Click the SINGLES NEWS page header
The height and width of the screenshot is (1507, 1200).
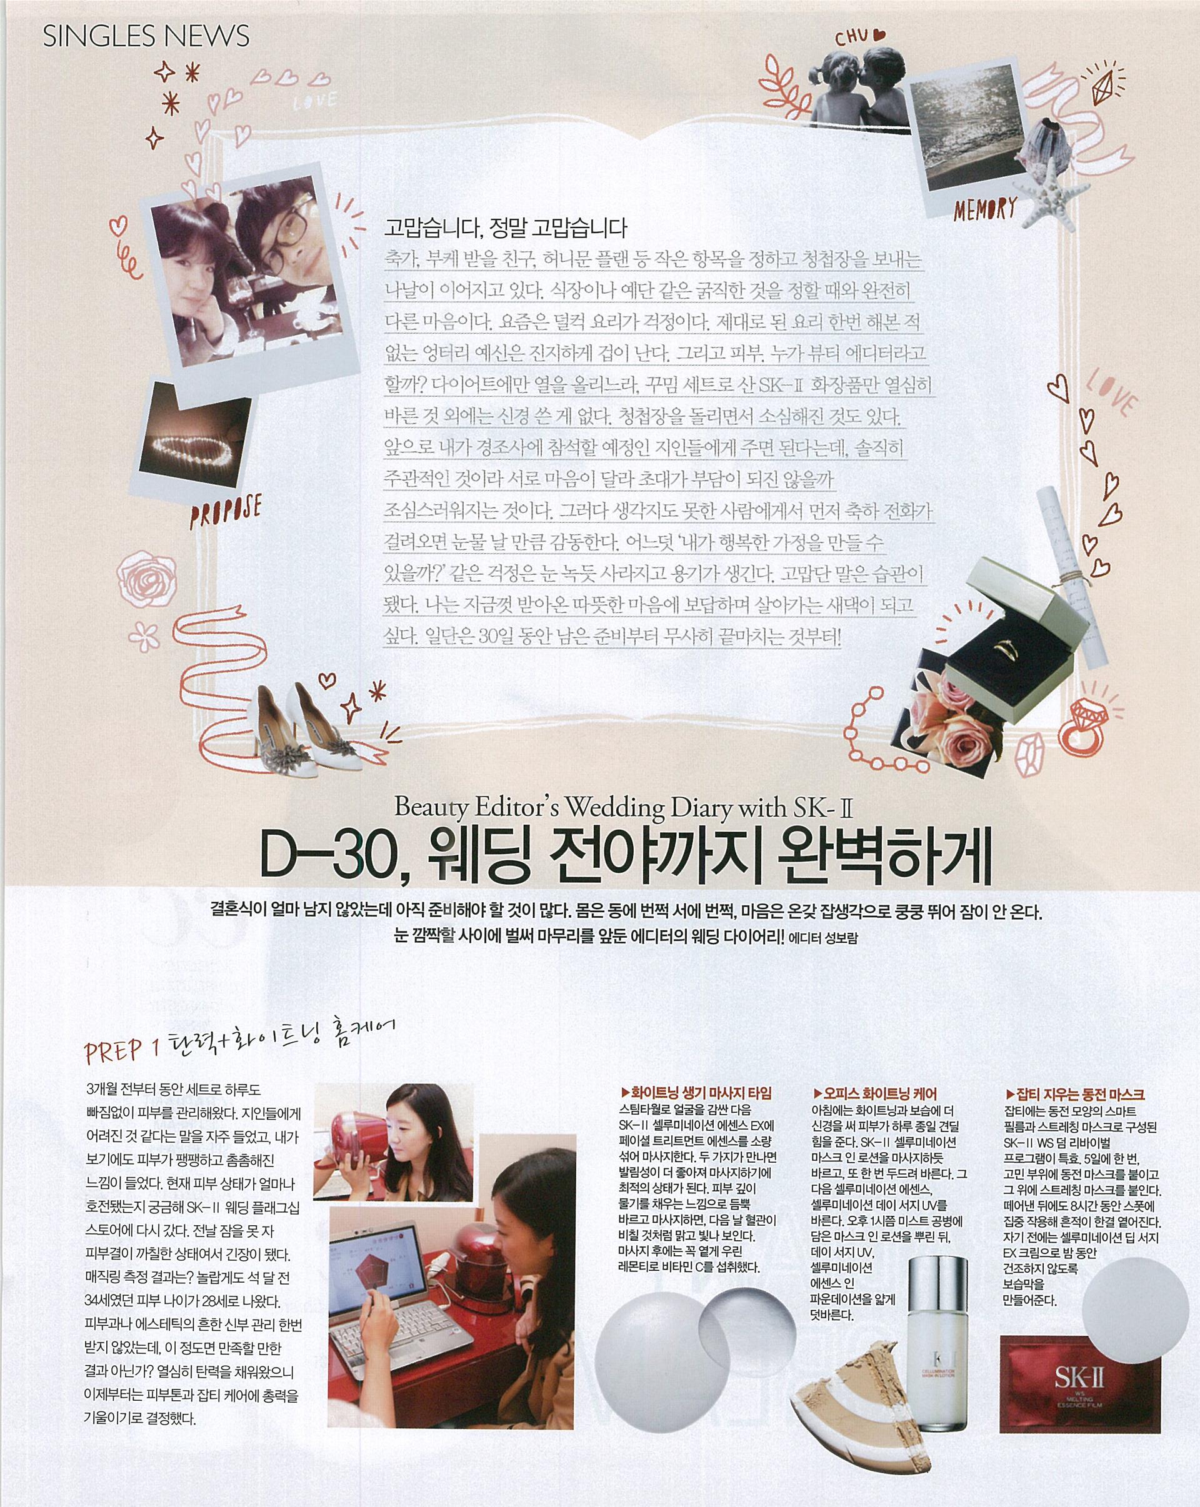146,36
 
